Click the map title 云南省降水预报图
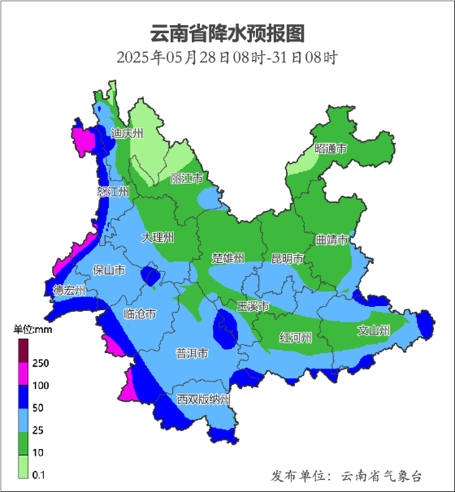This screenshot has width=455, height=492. click(227, 33)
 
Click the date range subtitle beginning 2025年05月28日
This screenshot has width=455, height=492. click(227, 58)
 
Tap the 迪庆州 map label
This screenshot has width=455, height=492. click(127, 133)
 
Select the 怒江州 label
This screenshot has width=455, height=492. click(113, 192)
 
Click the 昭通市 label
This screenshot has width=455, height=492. click(331, 149)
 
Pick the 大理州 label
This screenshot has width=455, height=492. click(157, 238)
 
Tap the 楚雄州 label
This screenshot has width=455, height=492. click(227, 258)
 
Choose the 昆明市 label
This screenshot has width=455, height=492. click(287, 258)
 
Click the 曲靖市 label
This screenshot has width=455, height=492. click(331, 240)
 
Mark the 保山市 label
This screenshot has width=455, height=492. click(109, 270)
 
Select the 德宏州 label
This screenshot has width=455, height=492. click(69, 290)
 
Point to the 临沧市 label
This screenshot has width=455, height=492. click(139, 313)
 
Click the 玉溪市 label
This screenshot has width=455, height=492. click(252, 306)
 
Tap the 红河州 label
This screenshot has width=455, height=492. click(295, 337)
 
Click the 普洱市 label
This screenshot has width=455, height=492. click(192, 354)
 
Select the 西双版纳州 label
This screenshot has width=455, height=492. click(204, 400)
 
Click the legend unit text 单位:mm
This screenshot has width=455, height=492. click(32, 330)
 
